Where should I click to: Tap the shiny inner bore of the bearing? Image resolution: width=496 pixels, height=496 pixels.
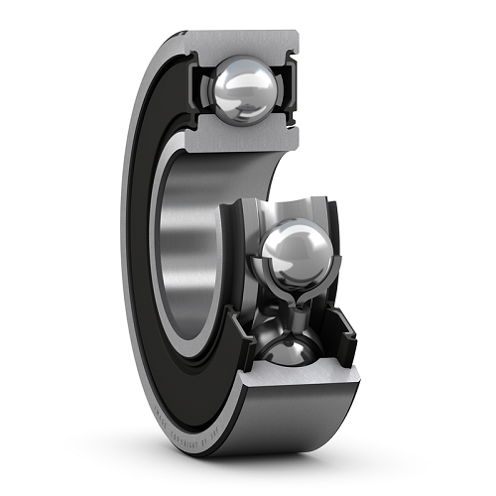(x=188, y=238)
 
